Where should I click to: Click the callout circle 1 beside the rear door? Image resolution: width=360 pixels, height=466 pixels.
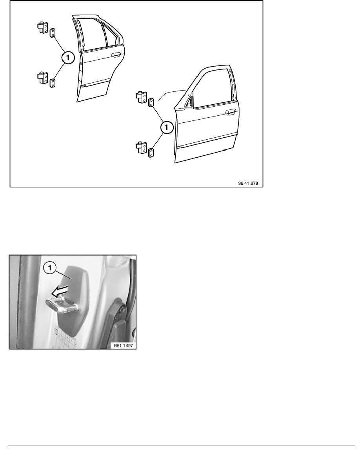(68, 57)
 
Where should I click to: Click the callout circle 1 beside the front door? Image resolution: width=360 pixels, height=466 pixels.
(167, 127)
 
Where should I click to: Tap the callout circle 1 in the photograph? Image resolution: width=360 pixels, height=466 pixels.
(50, 268)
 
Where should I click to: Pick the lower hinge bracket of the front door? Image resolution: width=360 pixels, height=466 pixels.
(141, 147)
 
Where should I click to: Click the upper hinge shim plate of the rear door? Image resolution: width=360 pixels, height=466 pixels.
(53, 33)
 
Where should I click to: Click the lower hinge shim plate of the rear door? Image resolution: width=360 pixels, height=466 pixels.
(53, 83)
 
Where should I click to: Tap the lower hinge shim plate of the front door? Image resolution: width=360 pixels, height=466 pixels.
(151, 153)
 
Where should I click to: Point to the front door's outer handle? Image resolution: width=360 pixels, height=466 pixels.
(230, 112)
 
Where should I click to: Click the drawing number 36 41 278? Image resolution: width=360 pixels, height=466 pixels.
(248, 183)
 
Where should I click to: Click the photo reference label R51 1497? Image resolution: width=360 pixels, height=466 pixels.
(123, 346)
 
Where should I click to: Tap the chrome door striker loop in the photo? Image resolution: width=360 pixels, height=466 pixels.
(62, 305)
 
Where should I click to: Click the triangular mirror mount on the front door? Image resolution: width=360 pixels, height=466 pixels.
(189, 101)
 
